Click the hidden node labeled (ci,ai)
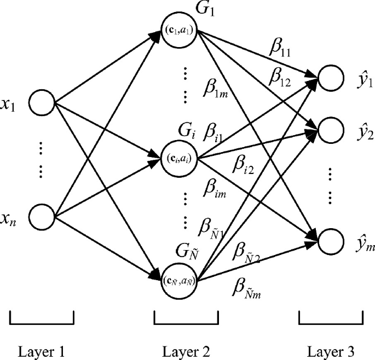tap(182, 159)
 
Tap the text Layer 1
tap(42, 350)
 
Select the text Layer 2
tap(186, 350)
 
